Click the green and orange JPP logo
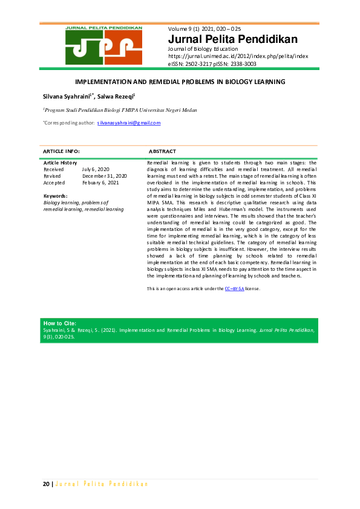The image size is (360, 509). tap(104, 45)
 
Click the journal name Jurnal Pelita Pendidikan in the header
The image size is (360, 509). tap(233, 40)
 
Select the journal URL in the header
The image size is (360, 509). tap(238, 56)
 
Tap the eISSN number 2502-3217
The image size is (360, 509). tap(202, 62)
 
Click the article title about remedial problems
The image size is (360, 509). tap(180, 81)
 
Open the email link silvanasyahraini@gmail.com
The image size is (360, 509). tap(129, 123)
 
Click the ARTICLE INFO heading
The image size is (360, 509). tap(62, 151)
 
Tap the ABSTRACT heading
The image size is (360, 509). tap(162, 151)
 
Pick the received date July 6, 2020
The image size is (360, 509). tap(95, 169)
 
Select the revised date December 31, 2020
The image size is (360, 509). tap(104, 176)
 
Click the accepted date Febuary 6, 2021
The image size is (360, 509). tap(100, 183)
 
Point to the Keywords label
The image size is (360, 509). tap(55, 196)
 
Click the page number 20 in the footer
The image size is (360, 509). tap(45, 484)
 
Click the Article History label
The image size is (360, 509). tap(61, 163)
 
